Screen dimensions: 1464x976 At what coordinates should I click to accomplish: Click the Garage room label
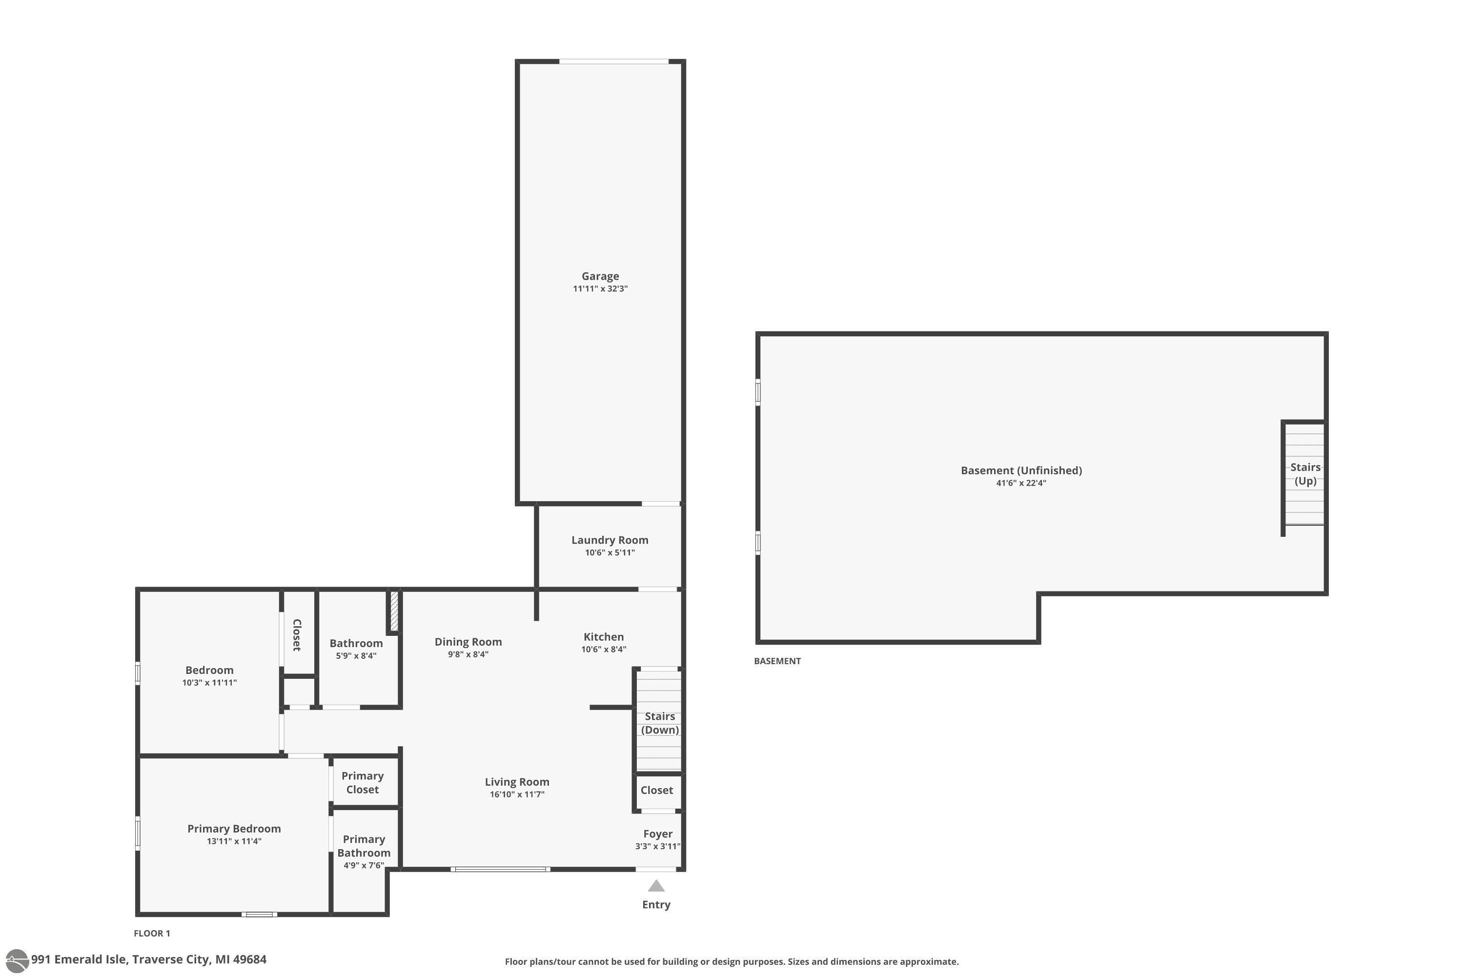[600, 276]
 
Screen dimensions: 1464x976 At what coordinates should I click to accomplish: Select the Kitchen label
[603, 637]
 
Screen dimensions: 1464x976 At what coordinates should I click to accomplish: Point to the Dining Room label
[468, 642]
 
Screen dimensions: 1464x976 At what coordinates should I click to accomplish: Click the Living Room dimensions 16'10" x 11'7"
[517, 794]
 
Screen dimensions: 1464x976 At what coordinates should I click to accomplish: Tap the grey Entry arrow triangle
[656, 886]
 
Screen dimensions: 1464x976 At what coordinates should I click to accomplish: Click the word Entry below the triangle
[656, 904]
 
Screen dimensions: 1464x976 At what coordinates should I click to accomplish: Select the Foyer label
[657, 834]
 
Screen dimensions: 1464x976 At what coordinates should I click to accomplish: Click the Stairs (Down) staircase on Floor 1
[658, 721]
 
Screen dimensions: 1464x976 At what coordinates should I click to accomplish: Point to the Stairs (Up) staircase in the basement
[1304, 474]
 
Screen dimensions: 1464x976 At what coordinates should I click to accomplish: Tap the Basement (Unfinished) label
[1021, 470]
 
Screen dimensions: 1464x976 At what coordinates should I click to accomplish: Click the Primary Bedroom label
[234, 829]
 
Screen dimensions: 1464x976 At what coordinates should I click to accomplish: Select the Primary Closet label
[362, 782]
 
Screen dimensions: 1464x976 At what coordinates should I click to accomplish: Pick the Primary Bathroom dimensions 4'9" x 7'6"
[364, 865]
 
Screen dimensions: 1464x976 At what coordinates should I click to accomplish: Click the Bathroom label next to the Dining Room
[356, 643]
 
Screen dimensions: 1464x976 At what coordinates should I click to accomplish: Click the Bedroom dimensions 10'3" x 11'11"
[209, 683]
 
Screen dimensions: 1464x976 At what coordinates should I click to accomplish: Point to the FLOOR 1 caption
[152, 933]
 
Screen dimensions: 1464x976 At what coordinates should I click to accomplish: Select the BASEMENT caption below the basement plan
[777, 661]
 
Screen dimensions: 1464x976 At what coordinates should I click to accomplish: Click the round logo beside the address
[17, 960]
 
